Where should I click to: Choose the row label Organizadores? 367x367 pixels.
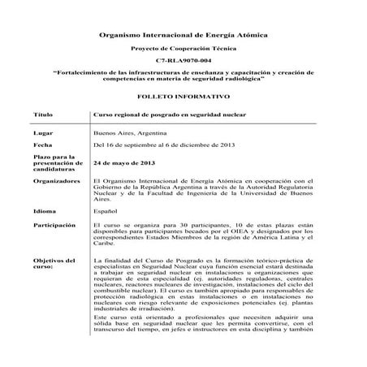point(58,181)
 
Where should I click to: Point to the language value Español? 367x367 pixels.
point(107,209)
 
